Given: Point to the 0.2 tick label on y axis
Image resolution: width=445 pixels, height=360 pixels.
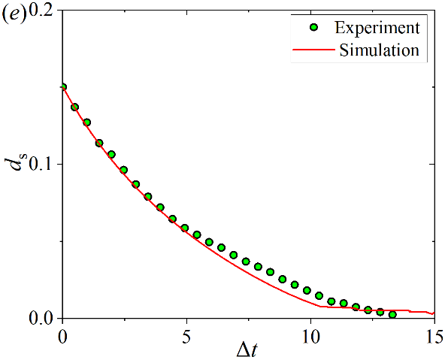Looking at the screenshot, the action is [x=41, y=10].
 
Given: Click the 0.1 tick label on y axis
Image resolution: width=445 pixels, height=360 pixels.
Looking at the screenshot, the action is [x=41, y=165].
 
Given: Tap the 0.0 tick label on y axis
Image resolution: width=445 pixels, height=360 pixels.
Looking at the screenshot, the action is [x=41, y=318].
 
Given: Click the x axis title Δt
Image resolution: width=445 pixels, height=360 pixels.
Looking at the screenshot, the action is [x=247, y=351].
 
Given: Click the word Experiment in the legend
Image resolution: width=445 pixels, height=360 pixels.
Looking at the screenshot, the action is [x=377, y=28].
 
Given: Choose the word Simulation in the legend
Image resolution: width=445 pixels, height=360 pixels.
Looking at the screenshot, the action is [x=379, y=50].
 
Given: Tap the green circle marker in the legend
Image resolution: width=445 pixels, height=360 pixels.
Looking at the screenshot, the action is [x=313, y=28].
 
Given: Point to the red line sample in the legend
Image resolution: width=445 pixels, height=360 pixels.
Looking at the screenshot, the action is [x=313, y=50].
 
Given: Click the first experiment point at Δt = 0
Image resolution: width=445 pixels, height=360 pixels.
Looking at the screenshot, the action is [x=63, y=86].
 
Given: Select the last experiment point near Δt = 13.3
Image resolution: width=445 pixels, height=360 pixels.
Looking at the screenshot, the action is [x=392, y=314].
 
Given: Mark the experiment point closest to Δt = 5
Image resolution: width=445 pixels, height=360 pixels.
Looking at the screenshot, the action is [x=185, y=228].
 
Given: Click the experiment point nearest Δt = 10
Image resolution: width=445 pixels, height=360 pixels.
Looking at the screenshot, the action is [x=307, y=290].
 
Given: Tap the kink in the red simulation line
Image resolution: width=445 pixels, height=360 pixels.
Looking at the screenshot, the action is [x=320, y=307].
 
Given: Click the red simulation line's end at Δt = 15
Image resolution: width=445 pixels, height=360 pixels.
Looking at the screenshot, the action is [x=434, y=313].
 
